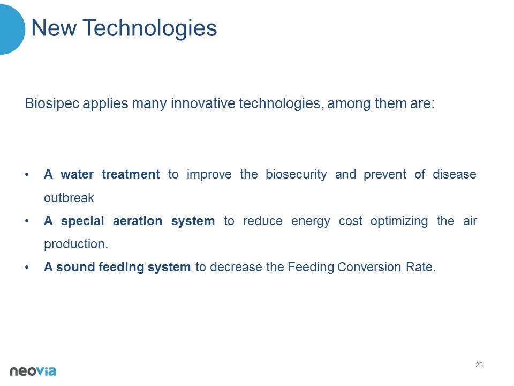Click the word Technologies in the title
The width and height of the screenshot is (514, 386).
click(149, 29)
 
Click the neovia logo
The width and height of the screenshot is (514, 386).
click(33, 371)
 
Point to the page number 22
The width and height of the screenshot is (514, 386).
click(479, 365)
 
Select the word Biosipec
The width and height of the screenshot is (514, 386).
click(52, 103)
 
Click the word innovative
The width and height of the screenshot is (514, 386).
click(203, 103)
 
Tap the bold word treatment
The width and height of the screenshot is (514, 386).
click(131, 174)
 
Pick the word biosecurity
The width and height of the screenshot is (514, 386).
click(296, 175)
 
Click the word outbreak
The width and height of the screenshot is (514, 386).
click(69, 198)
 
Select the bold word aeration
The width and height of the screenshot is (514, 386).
click(138, 221)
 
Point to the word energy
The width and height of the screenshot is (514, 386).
click(311, 221)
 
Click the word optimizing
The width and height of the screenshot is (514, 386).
click(399, 221)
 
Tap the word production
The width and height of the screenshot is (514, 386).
click(75, 244)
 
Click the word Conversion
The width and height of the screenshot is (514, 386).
click(369, 267)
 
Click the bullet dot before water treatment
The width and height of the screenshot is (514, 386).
click(27, 174)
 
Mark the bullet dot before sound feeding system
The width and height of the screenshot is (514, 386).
click(27, 267)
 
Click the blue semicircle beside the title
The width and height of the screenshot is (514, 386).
click(12, 29)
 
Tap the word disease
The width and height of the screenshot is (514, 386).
click(455, 174)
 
